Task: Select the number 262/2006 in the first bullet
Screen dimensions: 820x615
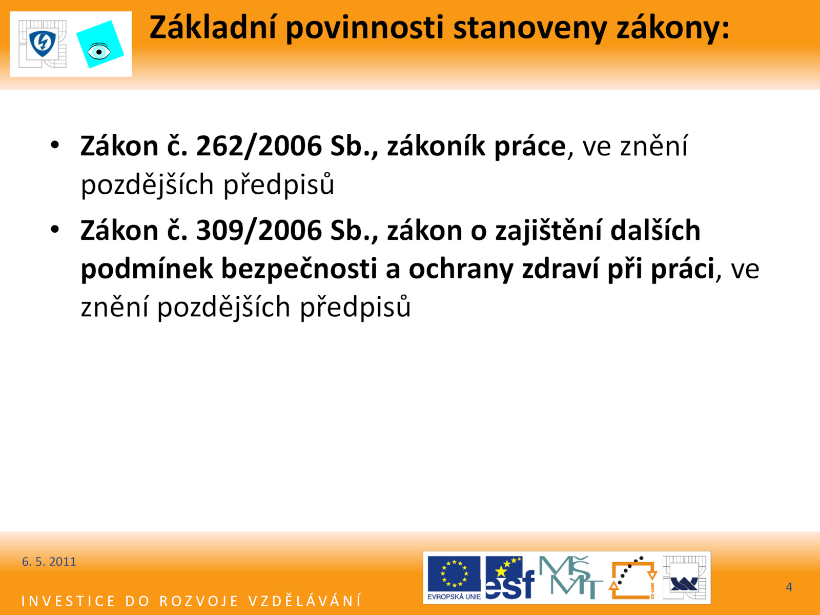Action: click(x=259, y=146)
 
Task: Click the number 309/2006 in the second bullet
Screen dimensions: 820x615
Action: click(x=259, y=231)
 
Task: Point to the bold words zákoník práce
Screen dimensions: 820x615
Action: click(x=476, y=147)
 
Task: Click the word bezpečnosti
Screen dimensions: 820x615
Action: click(x=299, y=269)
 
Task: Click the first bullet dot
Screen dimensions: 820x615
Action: click(x=55, y=145)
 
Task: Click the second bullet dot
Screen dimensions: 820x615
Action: click(x=55, y=229)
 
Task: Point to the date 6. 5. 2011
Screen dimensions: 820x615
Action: click(x=49, y=562)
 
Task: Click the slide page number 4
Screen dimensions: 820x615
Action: click(x=789, y=587)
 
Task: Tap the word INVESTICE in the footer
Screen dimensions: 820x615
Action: click(x=68, y=601)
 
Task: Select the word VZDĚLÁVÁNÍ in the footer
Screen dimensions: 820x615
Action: click(x=305, y=601)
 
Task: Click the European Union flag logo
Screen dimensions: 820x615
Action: click(x=454, y=578)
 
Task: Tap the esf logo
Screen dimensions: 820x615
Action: click(x=510, y=578)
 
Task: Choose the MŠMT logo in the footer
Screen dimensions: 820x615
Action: click(x=570, y=577)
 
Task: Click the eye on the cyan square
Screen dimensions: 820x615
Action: click(x=98, y=52)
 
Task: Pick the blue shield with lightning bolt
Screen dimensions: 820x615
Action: click(x=43, y=44)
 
